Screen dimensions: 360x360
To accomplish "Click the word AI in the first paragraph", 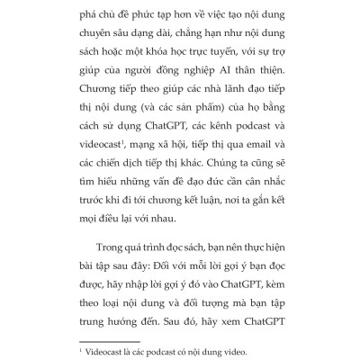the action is coord(228,78).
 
